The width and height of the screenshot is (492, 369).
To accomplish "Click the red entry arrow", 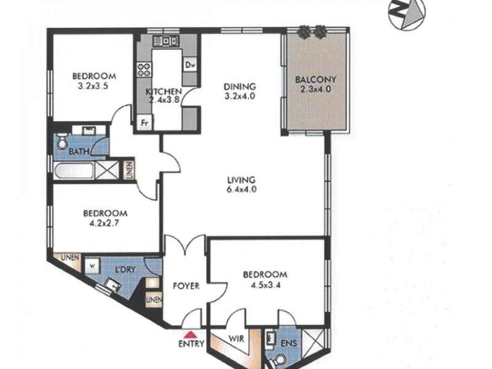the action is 191,334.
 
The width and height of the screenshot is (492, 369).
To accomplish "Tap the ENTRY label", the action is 191,344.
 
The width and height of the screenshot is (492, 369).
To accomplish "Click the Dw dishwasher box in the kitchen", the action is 190,65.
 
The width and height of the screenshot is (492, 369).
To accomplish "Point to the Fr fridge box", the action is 145,122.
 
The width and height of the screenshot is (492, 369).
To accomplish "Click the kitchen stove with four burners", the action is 144,69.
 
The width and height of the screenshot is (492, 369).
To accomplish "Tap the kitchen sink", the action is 165,41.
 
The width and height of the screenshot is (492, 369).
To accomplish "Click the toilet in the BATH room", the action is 62,141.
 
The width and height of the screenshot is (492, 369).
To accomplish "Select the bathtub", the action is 74,171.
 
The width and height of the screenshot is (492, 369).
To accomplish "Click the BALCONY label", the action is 315,80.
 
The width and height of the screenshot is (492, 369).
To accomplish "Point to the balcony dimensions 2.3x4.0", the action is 315,89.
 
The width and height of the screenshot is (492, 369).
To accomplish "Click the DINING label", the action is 240,86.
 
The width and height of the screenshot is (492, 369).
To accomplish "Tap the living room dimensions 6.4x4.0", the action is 242,189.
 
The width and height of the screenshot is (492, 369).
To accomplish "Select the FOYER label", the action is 186,286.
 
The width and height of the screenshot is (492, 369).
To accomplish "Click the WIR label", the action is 236,339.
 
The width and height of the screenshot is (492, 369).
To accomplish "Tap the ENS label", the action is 288,344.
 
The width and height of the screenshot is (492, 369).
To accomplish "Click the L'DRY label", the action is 125,269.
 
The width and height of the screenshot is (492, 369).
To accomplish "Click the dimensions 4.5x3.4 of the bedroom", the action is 264,285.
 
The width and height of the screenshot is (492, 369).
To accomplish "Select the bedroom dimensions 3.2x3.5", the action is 93,86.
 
